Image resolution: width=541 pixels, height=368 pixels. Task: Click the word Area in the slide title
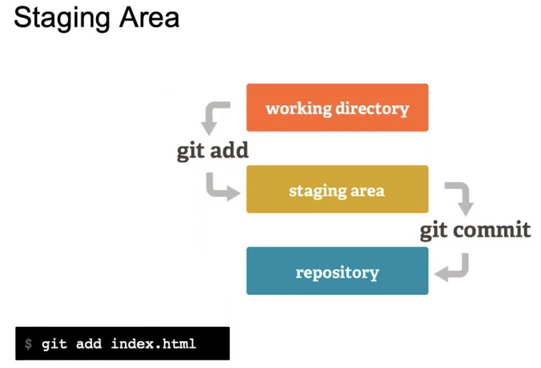(149, 17)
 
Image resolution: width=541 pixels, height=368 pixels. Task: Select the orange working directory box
(337, 107)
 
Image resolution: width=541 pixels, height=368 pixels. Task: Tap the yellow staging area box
(337, 189)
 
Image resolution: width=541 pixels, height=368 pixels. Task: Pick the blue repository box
(337, 271)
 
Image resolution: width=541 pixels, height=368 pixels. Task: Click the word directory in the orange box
(372, 109)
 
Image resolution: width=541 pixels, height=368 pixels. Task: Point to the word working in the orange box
(299, 109)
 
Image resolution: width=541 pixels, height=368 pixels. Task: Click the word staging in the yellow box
(317, 191)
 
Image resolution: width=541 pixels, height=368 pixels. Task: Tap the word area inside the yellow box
(367, 191)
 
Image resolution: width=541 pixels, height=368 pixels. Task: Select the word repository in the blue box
(337, 273)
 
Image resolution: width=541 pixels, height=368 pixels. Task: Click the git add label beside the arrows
(213, 151)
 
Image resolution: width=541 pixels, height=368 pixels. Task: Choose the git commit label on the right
(475, 231)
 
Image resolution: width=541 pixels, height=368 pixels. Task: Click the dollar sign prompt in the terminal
(28, 344)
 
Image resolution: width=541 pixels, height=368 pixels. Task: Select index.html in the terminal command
(154, 343)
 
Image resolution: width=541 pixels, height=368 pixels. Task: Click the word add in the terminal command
(89, 344)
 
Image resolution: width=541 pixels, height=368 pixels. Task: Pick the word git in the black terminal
(54, 344)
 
